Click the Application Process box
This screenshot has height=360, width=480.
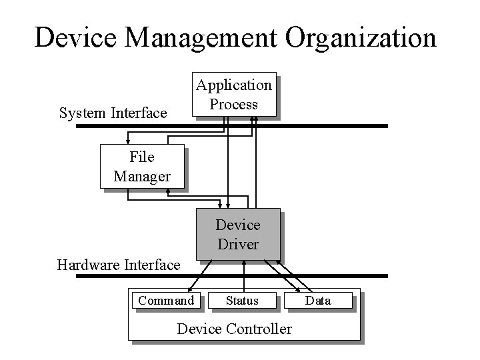(233, 95)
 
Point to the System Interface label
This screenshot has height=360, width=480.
(113, 113)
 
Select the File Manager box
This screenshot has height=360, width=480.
(142, 167)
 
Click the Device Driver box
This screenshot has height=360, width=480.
(238, 235)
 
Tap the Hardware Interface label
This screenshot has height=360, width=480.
(119, 265)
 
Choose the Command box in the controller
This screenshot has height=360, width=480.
(166, 301)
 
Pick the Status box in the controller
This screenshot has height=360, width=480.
(242, 301)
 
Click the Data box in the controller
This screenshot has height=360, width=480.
(318, 301)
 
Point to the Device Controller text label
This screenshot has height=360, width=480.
(234, 329)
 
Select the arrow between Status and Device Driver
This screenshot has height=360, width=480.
(244, 275)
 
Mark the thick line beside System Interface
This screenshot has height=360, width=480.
(333, 125)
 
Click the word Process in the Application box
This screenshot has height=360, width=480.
(233, 104)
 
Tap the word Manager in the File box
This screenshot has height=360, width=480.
(142, 176)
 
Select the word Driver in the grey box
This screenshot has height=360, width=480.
(238, 244)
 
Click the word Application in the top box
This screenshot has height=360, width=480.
(233, 85)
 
